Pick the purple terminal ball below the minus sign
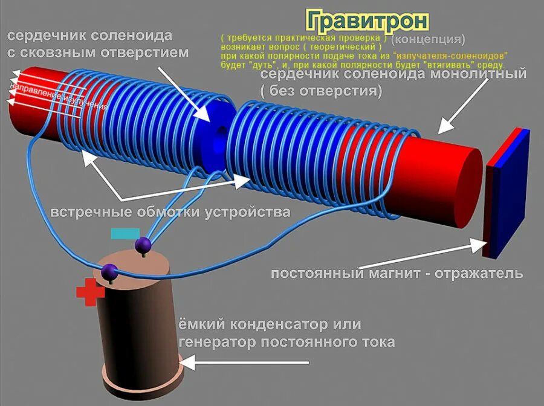click(x=143, y=245)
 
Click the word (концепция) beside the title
click(x=428, y=40)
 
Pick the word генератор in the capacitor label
click(x=217, y=342)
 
